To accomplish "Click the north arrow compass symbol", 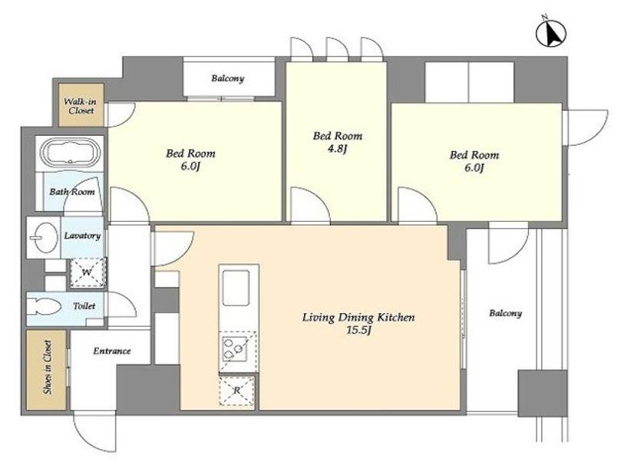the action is click(x=551, y=32).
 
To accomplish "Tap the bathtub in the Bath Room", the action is click(x=71, y=153).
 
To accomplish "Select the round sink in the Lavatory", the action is click(x=44, y=237).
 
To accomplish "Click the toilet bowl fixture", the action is click(x=44, y=307).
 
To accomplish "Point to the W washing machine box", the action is click(x=87, y=272).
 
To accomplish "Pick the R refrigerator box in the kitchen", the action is click(x=236, y=391).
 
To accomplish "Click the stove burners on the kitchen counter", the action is click(x=234, y=349).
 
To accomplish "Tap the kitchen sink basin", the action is click(x=236, y=288).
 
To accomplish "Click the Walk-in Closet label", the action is click(x=81, y=106).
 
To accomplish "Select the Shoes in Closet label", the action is click(x=47, y=367).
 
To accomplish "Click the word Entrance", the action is click(x=112, y=351).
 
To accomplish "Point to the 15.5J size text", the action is click(x=358, y=331).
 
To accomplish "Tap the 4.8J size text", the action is click(x=338, y=149).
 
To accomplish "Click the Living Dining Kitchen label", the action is click(x=358, y=318).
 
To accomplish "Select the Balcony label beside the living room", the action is click(x=506, y=313).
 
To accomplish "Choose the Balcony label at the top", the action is click(x=227, y=78).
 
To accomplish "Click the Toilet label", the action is click(x=84, y=306).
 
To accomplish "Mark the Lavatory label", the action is click(x=82, y=236).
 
